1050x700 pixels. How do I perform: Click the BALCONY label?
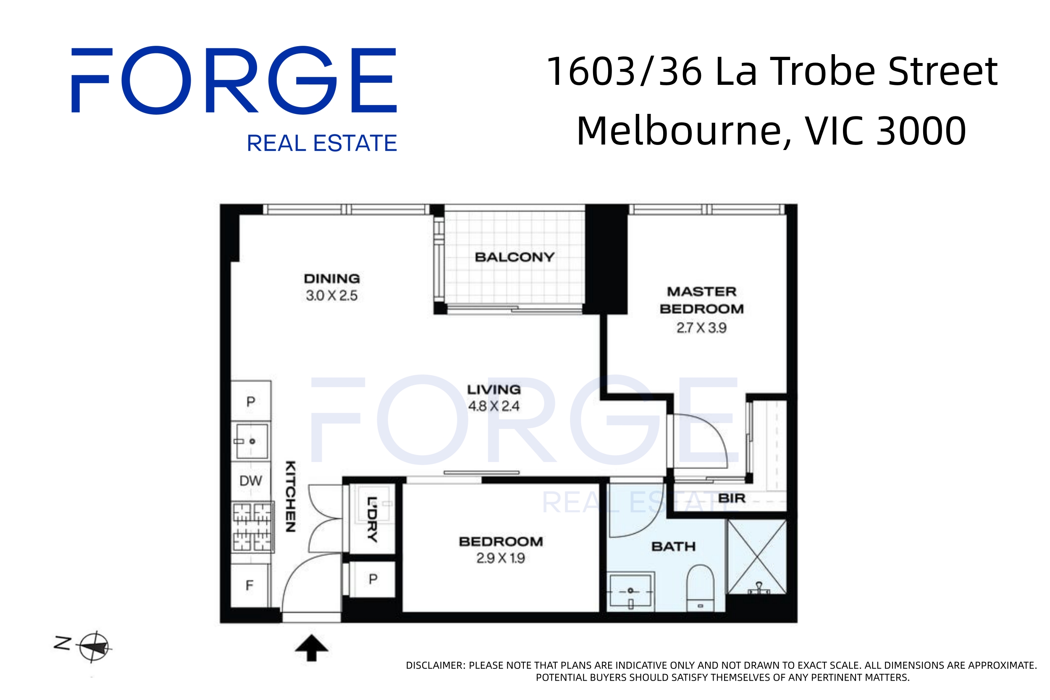point(514,257)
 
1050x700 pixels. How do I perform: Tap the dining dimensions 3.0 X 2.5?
point(331,295)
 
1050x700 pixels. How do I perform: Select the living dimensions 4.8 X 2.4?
point(493,406)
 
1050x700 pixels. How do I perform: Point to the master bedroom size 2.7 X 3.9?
point(701,328)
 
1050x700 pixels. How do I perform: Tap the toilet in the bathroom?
point(700,588)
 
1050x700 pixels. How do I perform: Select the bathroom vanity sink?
point(630,591)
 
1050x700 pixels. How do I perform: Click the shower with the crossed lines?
point(757,557)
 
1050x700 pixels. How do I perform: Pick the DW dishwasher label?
point(250,481)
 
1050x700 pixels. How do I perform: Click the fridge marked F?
point(249,585)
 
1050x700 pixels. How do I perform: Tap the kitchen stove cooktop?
point(252,527)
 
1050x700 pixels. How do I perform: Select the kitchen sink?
point(251,441)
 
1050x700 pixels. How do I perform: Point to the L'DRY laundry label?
point(372,519)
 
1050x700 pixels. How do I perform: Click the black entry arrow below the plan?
point(312,648)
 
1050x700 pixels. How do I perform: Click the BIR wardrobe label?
point(732,498)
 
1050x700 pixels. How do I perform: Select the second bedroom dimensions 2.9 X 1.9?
point(500,558)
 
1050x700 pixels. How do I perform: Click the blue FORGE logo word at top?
point(234,80)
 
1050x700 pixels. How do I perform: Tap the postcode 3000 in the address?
point(921,131)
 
